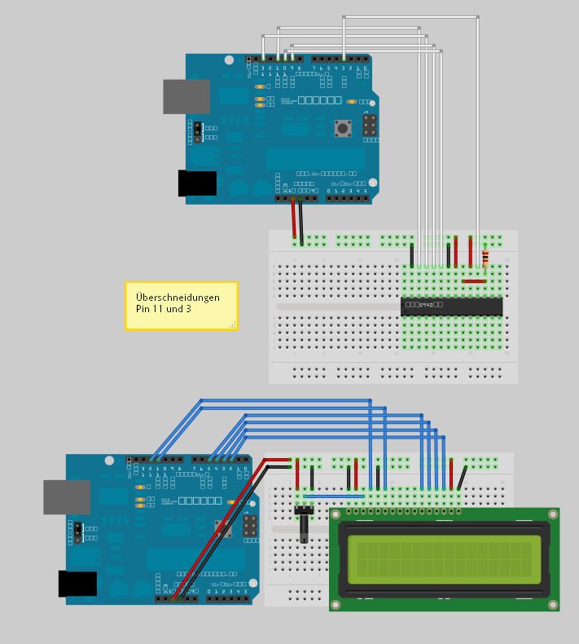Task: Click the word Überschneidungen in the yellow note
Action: pyautogui.click(x=178, y=298)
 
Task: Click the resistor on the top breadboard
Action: pyautogui.click(x=486, y=259)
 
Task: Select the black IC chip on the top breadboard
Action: pyautogui.click(x=451, y=307)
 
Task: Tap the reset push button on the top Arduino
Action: pyautogui.click(x=343, y=128)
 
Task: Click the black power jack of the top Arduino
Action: pyautogui.click(x=197, y=183)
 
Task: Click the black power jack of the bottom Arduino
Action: pyautogui.click(x=77, y=584)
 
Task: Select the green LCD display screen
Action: pyautogui.click(x=445, y=559)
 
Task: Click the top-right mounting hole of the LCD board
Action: pyautogui.click(x=554, y=514)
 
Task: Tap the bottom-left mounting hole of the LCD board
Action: pyautogui.click(x=336, y=605)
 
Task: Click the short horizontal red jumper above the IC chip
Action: pyautogui.click(x=473, y=281)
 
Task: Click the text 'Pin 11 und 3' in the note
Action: pyautogui.click(x=164, y=309)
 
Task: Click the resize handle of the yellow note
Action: pyautogui.click(x=233, y=324)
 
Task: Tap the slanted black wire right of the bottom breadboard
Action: pyautogui.click(x=462, y=475)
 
